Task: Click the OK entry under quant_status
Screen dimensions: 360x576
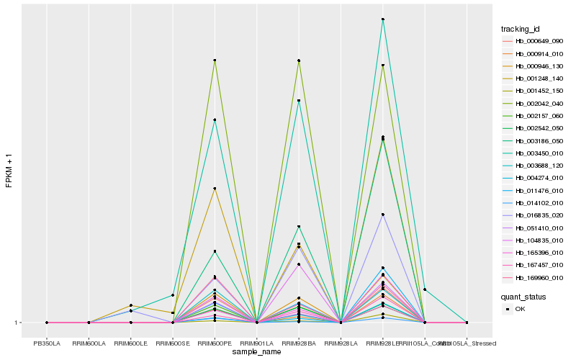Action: coord(520,309)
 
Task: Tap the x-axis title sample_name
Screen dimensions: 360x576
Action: coord(257,352)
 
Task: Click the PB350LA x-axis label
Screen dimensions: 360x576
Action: coord(47,343)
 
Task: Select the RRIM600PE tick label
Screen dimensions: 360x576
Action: coord(215,343)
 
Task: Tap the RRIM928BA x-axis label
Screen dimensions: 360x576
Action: coord(298,343)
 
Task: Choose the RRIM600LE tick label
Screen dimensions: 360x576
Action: coord(130,343)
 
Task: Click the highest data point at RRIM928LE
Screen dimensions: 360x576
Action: coord(382,19)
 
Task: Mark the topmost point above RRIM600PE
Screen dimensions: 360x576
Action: coord(215,60)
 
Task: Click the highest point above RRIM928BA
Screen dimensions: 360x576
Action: coord(298,60)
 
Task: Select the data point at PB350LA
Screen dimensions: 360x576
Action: coord(47,323)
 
